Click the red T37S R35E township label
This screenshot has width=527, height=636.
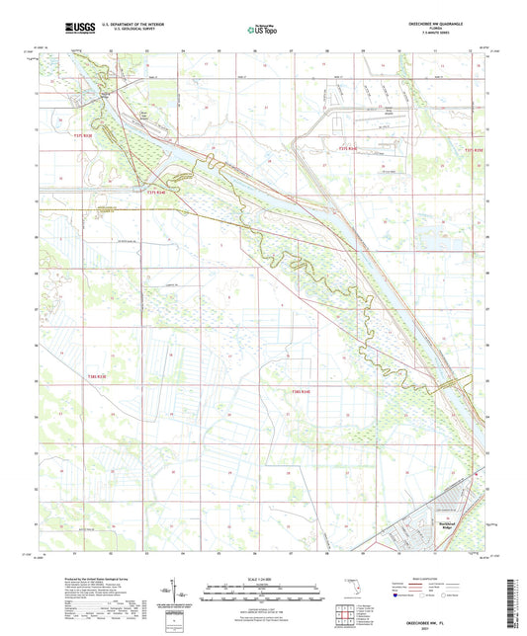pyautogui.click(x=475, y=149)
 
